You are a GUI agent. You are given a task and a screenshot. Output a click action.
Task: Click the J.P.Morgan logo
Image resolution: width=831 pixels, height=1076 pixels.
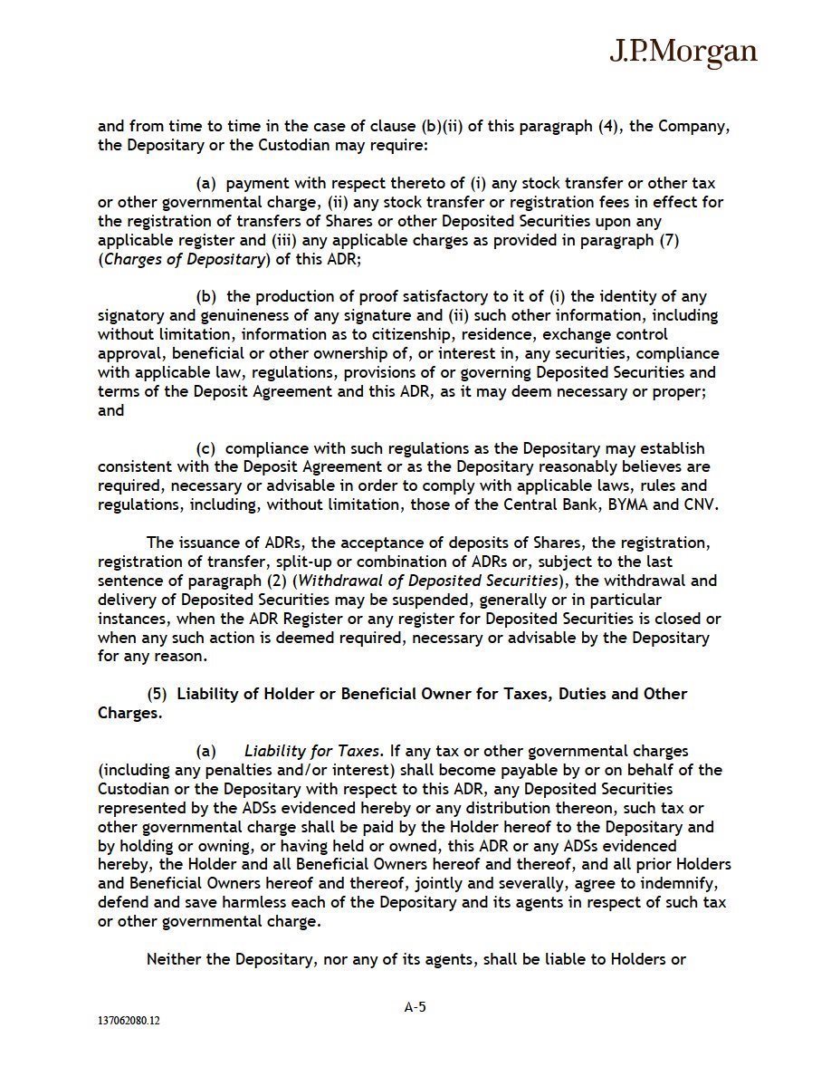tap(683, 52)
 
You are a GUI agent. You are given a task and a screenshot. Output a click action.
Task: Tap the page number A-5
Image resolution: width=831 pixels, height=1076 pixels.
tap(415, 1005)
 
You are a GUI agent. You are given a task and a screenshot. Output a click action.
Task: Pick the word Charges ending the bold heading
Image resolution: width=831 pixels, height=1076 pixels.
tap(129, 713)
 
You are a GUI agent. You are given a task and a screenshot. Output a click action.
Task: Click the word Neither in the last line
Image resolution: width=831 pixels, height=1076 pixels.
tap(175, 959)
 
